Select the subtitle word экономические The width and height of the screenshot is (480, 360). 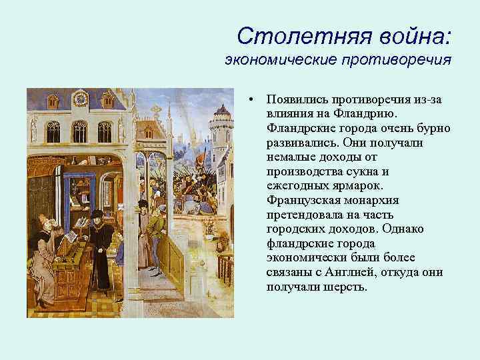click(281, 61)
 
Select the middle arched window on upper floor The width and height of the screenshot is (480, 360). click(80, 131)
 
